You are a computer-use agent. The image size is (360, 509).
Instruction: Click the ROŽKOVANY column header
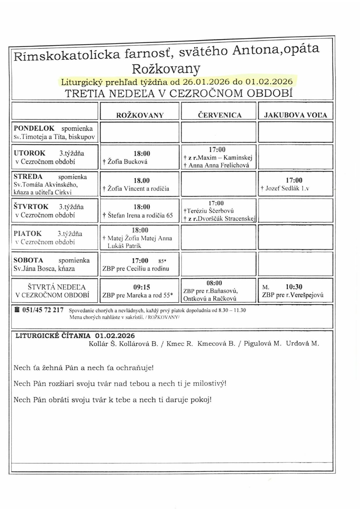[140, 115]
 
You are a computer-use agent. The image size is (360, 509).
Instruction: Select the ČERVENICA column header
[220, 115]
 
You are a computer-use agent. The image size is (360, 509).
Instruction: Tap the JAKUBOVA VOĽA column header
[296, 115]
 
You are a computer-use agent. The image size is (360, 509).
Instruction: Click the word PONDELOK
[34, 128]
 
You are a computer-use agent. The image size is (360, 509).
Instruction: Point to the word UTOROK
[30, 153]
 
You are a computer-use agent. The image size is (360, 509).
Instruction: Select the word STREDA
[28, 177]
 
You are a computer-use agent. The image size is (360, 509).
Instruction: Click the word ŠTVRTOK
[31, 207]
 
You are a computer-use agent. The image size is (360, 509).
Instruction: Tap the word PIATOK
[28, 234]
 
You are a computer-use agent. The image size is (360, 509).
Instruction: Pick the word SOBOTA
[28, 260]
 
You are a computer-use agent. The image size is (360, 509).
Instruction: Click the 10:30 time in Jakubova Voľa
[294, 287]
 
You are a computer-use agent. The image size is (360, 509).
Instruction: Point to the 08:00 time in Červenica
[214, 283]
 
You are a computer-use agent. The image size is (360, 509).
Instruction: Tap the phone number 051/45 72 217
[43, 310]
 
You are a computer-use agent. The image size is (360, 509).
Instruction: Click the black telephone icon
[17, 310]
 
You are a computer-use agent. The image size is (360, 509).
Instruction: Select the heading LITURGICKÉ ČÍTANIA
[53, 336]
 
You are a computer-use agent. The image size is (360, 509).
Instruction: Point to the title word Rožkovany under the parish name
[166, 68]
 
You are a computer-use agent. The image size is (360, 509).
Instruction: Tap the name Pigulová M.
[263, 344]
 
